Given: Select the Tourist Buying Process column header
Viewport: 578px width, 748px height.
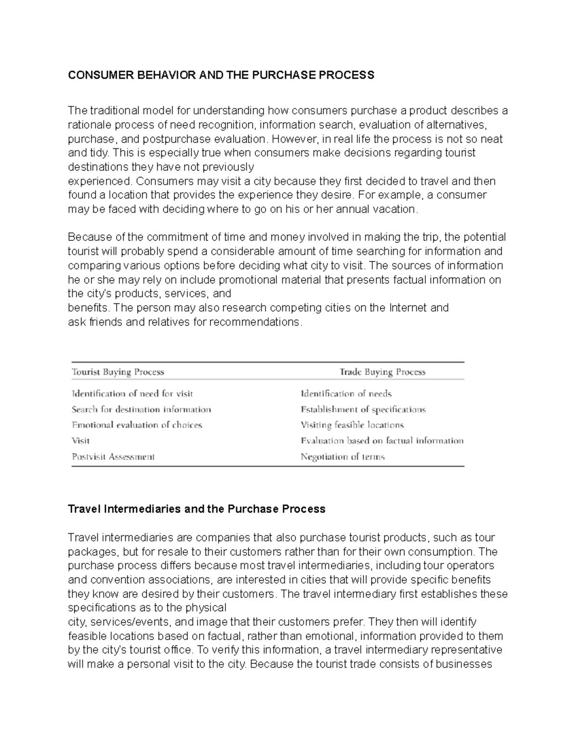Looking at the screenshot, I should pyautogui.click(x=118, y=372).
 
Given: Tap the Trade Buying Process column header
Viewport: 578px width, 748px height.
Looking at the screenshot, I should pyautogui.click(x=382, y=372).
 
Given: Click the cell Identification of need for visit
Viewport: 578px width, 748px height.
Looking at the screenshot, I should pyautogui.click(x=132, y=394).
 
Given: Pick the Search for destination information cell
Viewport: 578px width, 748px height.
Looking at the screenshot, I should pyautogui.click(x=141, y=409).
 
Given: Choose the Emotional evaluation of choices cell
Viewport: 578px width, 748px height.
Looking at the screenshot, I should pyautogui.click(x=137, y=425).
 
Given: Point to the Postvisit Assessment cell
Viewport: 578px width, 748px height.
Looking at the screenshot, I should pyautogui.click(x=113, y=457).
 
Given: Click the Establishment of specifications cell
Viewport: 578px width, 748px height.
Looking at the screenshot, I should pyautogui.click(x=363, y=409).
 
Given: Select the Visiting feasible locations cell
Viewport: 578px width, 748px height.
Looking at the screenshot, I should pyautogui.click(x=352, y=425).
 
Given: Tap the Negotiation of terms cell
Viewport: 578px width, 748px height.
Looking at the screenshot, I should pyautogui.click(x=342, y=457).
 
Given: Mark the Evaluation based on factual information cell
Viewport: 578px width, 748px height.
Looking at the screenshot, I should pyautogui.click(x=382, y=440).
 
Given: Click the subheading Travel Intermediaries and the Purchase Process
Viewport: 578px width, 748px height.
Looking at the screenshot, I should pyautogui.click(x=197, y=509).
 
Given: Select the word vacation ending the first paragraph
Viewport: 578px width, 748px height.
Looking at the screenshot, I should pyautogui.click(x=394, y=210).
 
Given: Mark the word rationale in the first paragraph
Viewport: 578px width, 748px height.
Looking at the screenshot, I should pyautogui.click(x=89, y=125).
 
